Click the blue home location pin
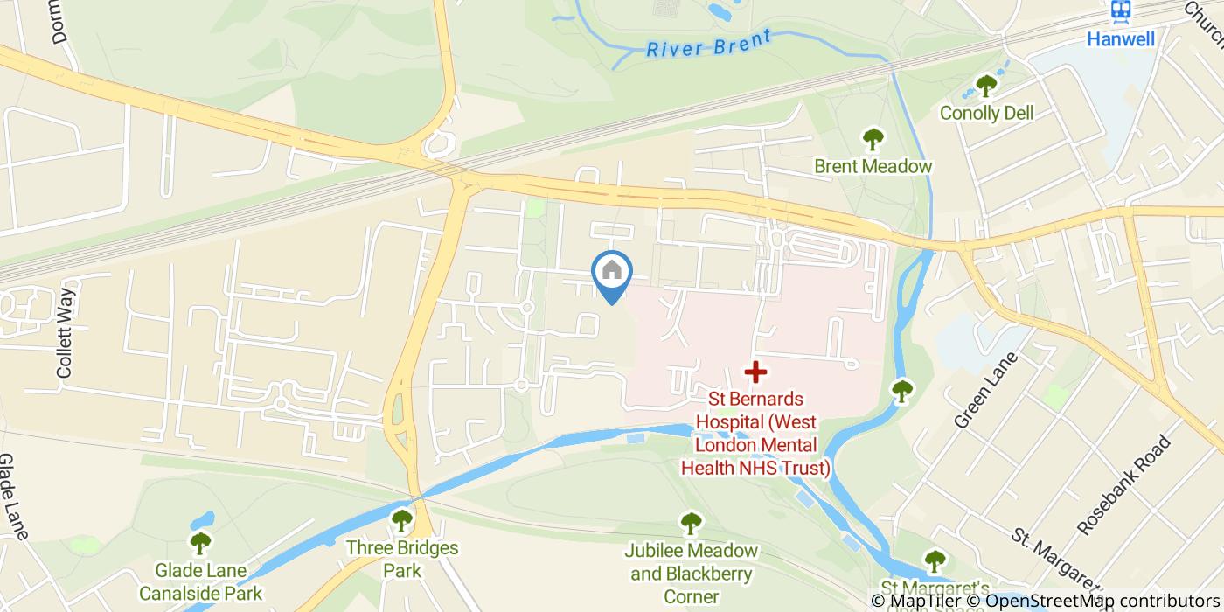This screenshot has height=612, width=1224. (612, 273)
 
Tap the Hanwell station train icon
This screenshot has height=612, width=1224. (1121, 10)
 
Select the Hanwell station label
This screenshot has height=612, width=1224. (1121, 38)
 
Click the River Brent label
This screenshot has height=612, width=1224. (709, 43)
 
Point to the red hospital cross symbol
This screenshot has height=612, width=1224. (755, 372)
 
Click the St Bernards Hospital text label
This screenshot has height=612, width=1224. (755, 434)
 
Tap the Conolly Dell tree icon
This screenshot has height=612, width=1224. (986, 86)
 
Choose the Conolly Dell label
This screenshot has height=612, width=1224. (986, 113)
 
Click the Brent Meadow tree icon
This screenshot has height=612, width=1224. (873, 138)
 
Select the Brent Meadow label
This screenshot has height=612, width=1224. (873, 166)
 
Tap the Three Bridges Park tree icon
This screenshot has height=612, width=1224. (402, 521)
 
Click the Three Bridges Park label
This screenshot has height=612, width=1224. (402, 559)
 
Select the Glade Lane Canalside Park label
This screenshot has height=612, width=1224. (201, 581)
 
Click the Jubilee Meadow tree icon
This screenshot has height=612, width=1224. (692, 523)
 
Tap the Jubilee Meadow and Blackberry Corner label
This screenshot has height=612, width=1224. (692, 574)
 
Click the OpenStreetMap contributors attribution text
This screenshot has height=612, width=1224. (1103, 601)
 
